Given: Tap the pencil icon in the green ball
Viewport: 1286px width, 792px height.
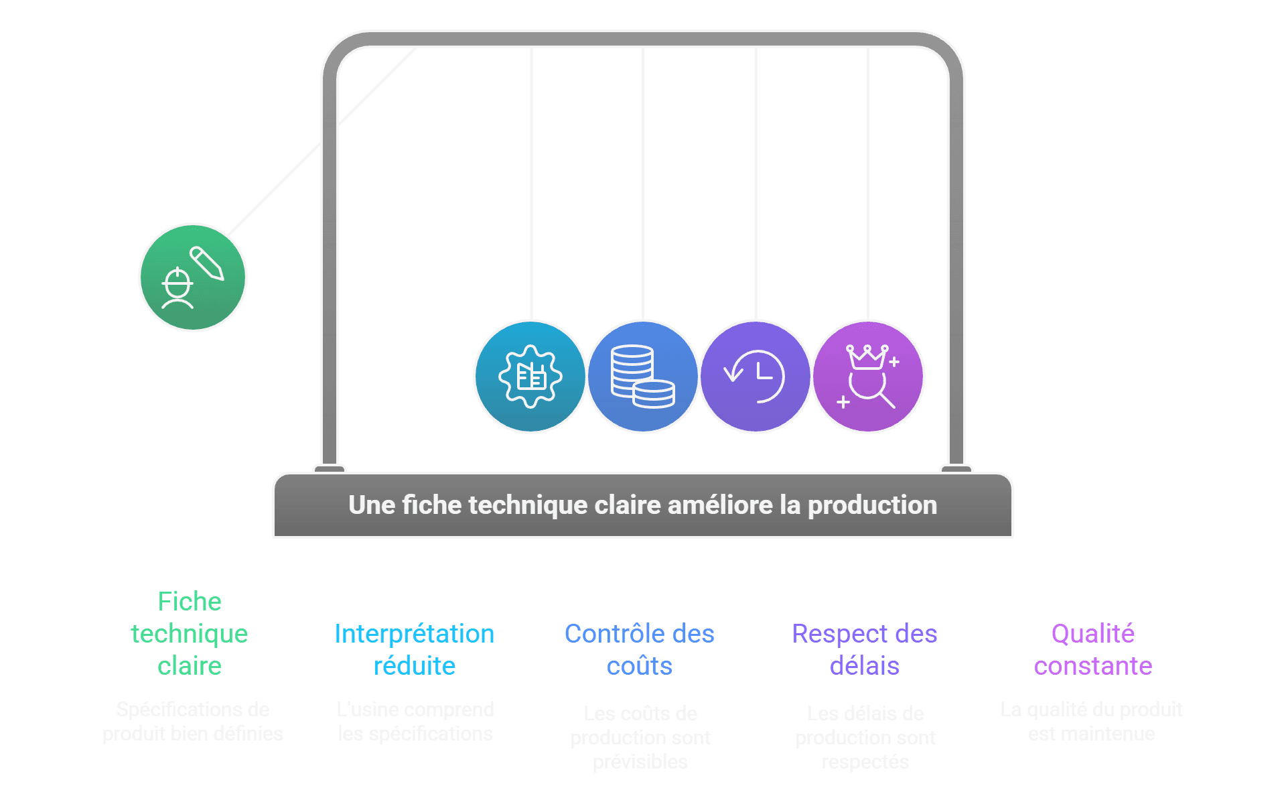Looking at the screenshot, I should coord(207,263).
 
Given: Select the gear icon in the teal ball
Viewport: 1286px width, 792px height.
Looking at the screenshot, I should coord(530,376).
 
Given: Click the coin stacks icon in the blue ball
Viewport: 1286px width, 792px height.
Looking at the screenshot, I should coord(642,376).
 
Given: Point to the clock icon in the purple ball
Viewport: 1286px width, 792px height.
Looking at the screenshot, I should coord(756,376).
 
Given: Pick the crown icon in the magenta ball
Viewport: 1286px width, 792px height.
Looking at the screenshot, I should coord(867,356).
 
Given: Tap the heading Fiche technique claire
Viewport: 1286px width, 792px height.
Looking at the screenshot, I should coord(190,633).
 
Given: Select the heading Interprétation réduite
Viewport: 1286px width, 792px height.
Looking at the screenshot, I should coord(414,649).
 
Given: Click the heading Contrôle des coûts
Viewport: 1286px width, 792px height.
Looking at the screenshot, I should coord(640,649).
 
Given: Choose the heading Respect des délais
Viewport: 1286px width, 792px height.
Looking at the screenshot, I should coord(865,649).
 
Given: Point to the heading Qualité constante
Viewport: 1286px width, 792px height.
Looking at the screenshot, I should coord(1092,649).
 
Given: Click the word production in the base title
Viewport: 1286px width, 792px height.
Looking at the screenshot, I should coord(872,505).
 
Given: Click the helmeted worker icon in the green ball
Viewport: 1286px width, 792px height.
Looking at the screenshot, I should coord(178,287).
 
